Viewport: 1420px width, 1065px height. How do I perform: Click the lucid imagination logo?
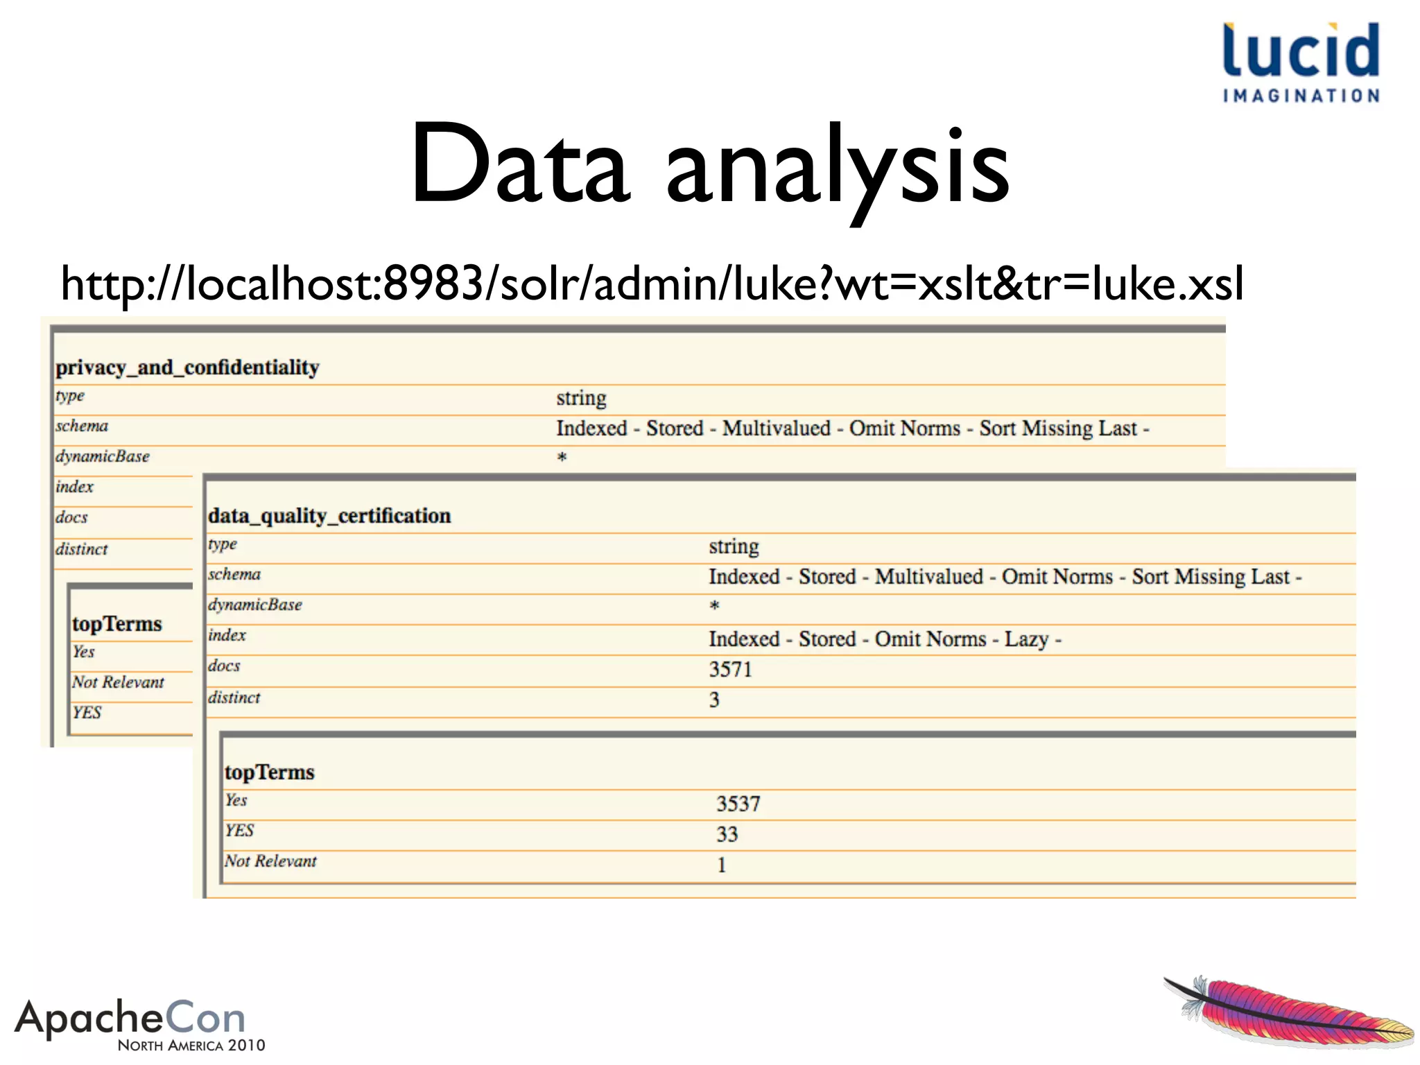coord(1301,62)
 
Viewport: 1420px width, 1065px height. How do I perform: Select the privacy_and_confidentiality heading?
coord(187,367)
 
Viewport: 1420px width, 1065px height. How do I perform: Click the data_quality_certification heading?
coord(329,515)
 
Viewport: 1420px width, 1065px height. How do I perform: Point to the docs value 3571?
coord(730,669)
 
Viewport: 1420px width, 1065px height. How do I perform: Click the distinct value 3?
coord(714,700)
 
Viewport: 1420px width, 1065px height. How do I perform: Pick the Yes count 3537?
coord(738,804)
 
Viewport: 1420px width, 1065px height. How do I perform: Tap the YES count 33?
coord(727,834)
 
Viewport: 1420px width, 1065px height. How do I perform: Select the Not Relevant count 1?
coord(722,865)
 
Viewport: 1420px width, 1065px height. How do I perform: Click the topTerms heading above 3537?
coord(269,772)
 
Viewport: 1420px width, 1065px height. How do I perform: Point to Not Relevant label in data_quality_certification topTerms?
coord(270,861)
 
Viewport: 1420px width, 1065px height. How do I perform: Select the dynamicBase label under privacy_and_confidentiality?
coord(103,456)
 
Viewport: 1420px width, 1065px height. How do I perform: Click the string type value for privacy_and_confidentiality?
coord(581,398)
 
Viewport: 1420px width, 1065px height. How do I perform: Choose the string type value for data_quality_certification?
coord(734,546)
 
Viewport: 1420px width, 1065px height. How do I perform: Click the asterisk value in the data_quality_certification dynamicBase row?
coord(714,606)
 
